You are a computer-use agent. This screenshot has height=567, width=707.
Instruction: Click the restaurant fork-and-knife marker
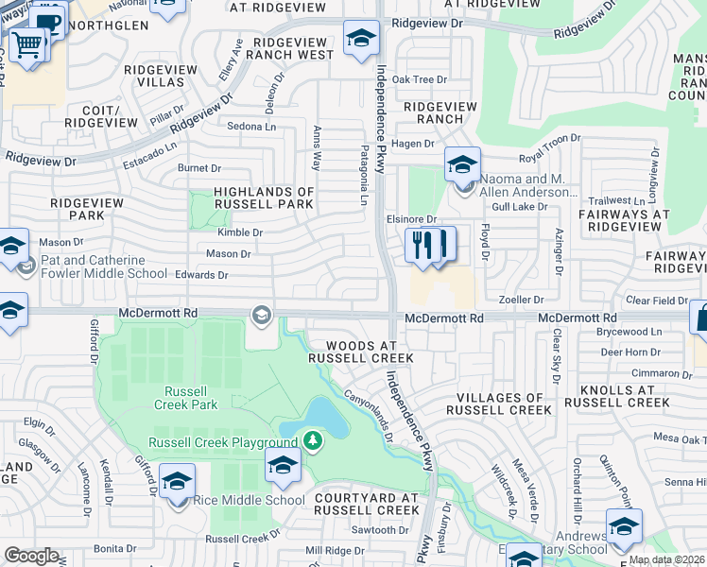click(430, 245)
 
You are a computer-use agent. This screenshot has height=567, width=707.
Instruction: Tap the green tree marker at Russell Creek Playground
click(312, 440)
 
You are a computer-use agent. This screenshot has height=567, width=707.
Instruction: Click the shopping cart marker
click(28, 43)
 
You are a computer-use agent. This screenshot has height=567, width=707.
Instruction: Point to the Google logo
click(31, 556)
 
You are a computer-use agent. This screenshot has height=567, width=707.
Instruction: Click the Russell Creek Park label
click(191, 398)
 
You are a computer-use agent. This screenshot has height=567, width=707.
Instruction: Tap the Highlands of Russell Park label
click(263, 198)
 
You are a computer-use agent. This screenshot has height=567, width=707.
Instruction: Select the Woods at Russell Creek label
click(360, 352)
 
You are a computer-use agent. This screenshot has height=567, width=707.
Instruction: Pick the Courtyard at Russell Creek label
click(367, 504)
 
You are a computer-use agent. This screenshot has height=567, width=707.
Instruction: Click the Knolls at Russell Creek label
click(619, 396)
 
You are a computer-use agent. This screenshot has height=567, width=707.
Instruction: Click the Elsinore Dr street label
click(410, 218)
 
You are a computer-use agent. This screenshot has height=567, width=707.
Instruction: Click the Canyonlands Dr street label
click(368, 416)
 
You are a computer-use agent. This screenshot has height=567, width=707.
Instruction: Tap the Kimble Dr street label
click(239, 232)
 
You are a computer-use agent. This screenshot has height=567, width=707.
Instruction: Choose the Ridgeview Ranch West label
click(288, 48)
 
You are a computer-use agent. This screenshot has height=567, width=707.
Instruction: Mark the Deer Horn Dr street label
click(624, 352)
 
